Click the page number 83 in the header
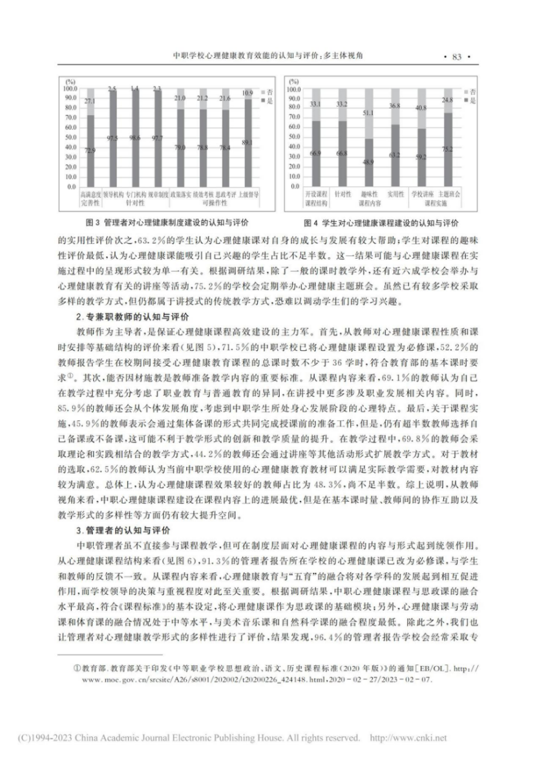[456, 57]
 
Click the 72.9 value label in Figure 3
[90, 150]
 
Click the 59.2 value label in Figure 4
[420, 156]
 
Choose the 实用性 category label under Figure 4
[395, 193]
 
